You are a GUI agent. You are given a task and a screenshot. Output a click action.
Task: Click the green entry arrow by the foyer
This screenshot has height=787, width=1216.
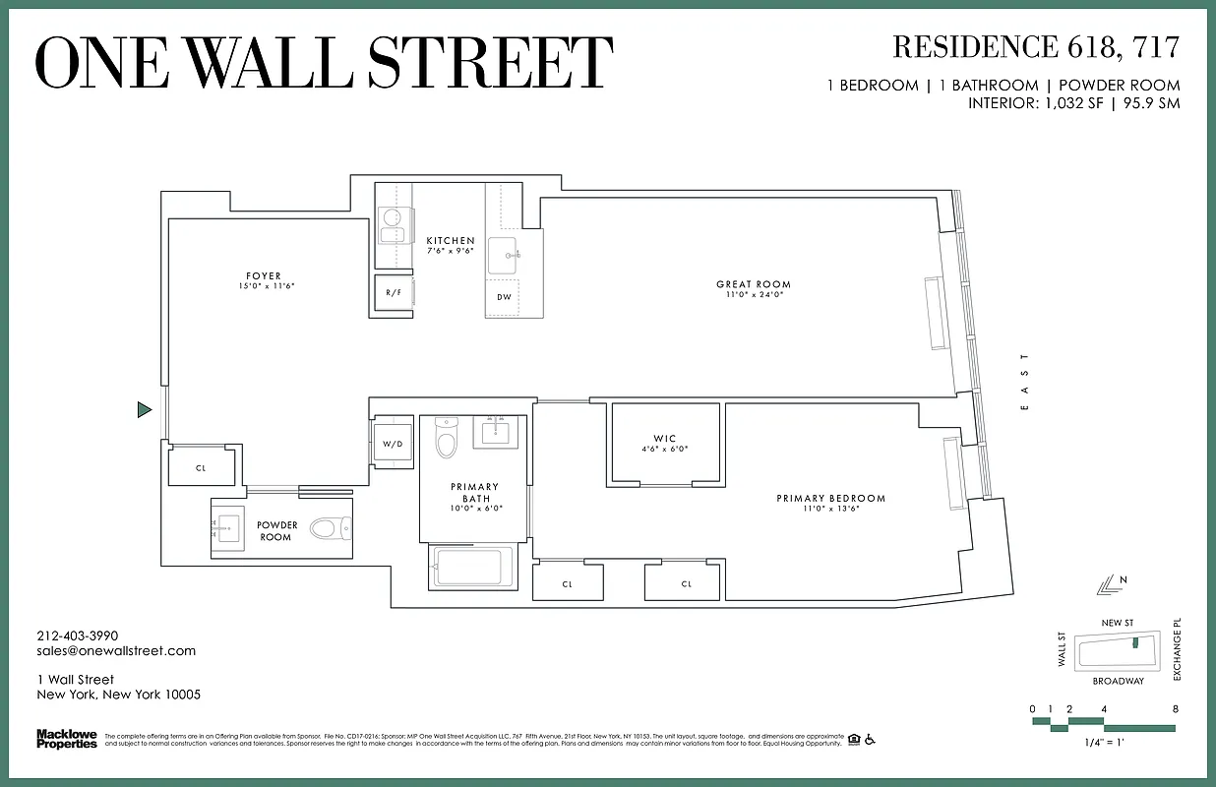(x=144, y=409)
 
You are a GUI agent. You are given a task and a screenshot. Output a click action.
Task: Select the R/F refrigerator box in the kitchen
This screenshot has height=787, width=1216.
(x=393, y=293)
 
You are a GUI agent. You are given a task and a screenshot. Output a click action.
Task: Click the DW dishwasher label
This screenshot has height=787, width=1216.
(x=504, y=297)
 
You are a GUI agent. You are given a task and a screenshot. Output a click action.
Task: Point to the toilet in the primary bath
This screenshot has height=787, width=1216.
(x=447, y=440)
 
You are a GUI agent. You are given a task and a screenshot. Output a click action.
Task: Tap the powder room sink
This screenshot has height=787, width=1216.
(x=227, y=529)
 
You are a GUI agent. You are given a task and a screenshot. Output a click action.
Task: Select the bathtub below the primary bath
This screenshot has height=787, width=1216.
(x=471, y=568)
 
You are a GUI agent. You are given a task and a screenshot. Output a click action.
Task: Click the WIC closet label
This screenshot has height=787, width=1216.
(x=665, y=439)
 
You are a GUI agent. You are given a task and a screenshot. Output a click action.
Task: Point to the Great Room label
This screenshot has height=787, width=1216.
(x=754, y=284)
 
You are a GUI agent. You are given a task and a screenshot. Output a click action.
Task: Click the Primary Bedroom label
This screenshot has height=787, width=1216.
(x=830, y=499)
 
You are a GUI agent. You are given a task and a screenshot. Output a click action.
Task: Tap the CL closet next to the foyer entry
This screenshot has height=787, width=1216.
(x=201, y=468)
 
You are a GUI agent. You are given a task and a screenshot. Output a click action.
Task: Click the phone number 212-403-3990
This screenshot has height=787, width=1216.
(x=77, y=636)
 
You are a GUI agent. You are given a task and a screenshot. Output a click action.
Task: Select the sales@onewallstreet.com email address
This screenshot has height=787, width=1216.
(x=116, y=650)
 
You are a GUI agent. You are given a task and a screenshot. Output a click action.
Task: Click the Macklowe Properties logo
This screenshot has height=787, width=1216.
(x=66, y=738)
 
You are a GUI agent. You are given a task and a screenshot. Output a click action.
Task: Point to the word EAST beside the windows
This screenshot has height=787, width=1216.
(x=1024, y=382)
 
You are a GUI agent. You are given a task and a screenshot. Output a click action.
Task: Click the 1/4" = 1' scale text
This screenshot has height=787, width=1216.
(x=1103, y=744)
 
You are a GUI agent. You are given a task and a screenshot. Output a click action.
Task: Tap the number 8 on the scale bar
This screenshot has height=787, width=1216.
(x=1175, y=709)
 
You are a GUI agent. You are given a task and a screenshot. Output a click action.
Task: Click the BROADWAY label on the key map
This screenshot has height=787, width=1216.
(x=1118, y=681)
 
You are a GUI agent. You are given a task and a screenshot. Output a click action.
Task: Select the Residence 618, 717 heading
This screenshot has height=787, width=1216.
(x=1035, y=46)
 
